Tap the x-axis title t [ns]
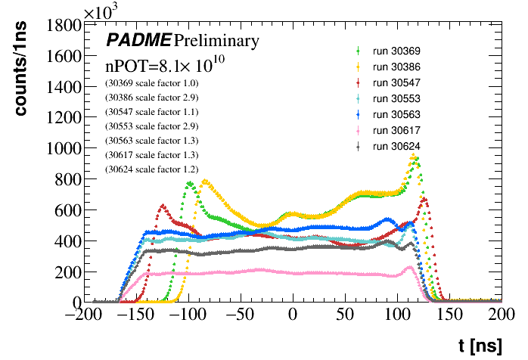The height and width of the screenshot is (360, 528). point(480,346)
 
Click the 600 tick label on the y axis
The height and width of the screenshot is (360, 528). point(67,211)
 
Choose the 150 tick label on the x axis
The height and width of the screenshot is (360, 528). point(450,315)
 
